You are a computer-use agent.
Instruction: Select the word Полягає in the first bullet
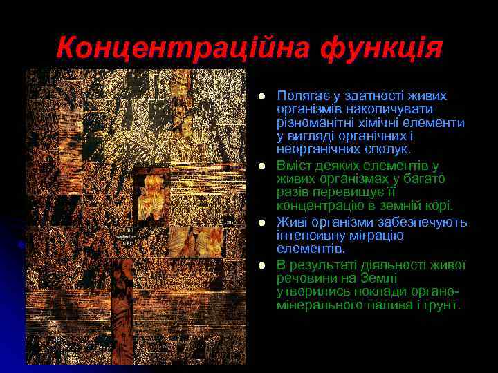(299, 96)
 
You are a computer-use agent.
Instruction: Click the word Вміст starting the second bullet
(293, 166)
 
